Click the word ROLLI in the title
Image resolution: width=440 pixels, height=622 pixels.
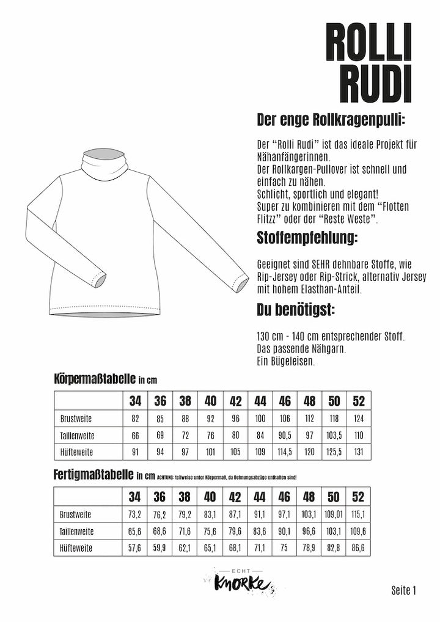[369, 42]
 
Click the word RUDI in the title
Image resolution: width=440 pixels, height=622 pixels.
[376, 84]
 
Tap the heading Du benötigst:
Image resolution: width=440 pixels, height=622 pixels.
[296, 310]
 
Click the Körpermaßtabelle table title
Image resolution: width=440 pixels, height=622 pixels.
[95, 379]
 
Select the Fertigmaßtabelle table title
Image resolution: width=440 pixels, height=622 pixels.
[95, 474]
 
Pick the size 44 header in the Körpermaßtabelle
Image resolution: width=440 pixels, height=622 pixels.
[260, 401]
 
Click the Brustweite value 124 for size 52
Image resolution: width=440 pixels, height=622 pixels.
[359, 419]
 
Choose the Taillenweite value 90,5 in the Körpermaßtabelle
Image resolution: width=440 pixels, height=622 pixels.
[285, 436]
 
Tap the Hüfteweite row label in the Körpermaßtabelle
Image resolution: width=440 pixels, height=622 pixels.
[77, 453]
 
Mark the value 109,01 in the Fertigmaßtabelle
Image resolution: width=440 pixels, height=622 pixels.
[334, 514]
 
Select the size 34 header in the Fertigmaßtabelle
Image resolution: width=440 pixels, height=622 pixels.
[135, 497]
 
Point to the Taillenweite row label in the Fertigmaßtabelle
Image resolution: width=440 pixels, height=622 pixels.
[78, 532]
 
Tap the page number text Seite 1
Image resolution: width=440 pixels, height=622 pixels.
[403, 590]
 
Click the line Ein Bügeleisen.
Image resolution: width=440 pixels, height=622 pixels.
[286, 362]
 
